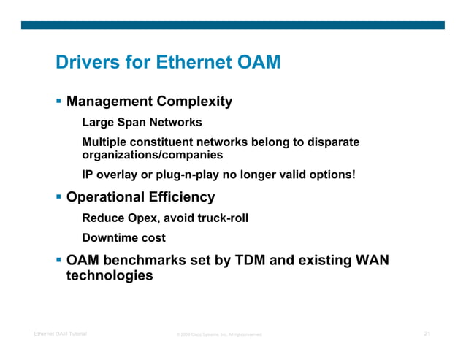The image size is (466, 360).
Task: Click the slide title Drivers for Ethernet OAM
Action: [168, 64]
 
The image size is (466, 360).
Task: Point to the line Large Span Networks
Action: [142, 122]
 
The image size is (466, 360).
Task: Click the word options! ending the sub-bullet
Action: [333, 175]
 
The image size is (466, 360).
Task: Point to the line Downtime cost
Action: [123, 237]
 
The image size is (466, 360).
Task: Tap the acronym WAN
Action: [370, 259]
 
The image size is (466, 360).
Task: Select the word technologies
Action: [110, 276]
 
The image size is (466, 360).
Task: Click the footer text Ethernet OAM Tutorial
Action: [60, 334]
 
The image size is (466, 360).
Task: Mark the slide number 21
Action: [427, 334]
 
